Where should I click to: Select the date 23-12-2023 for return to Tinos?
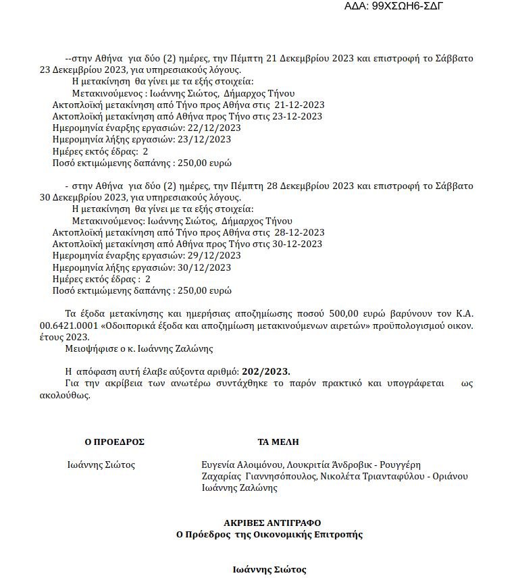coord(299,116)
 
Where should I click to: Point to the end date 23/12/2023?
coord(204,140)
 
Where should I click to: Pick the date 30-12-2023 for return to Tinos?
coord(300,244)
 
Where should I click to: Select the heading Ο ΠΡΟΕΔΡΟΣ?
coord(115,442)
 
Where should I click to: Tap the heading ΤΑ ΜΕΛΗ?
coord(278,442)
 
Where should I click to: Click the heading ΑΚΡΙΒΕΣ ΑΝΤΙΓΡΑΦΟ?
coord(273,523)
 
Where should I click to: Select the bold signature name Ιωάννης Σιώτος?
coord(269,569)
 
